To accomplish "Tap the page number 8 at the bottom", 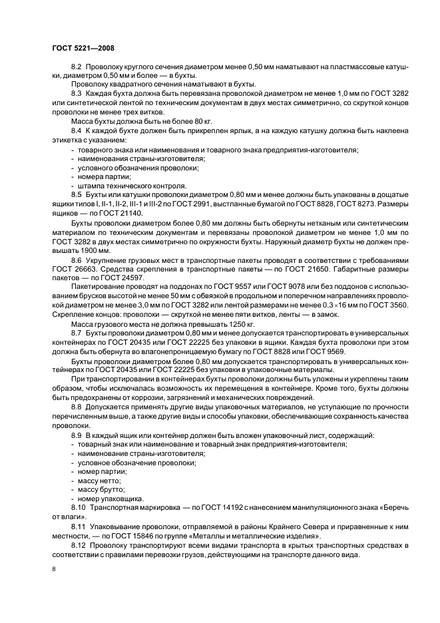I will point(54,569).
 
